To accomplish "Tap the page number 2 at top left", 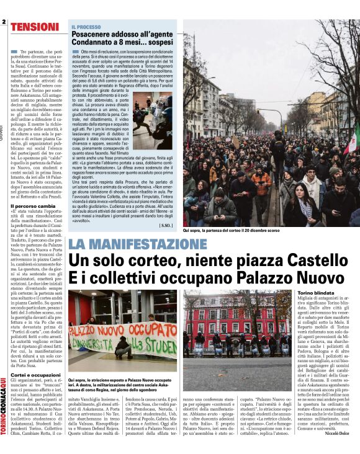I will (x=4, y=23).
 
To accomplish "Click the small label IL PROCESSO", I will (x=85, y=27).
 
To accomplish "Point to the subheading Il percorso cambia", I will (x=33, y=205).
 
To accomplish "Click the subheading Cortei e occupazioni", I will (x=35, y=375).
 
